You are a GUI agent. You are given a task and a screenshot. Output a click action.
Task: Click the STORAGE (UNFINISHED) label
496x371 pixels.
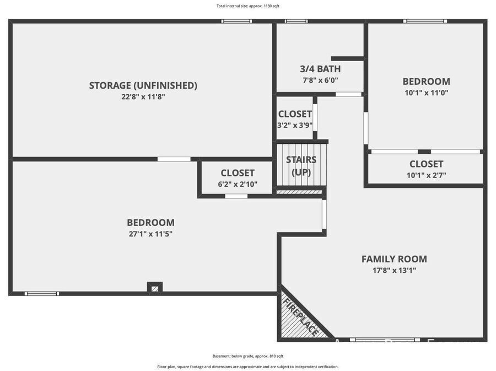point(143,85)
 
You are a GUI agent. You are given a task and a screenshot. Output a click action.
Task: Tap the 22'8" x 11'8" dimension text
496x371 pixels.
point(143,97)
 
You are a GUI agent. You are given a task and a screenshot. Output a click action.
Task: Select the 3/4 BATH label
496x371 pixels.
point(320,69)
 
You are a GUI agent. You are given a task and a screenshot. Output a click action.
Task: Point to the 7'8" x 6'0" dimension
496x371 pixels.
point(320,80)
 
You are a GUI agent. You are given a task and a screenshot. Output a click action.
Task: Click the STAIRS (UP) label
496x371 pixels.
point(301,166)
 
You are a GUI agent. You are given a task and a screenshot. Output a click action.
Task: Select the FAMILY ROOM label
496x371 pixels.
point(394,259)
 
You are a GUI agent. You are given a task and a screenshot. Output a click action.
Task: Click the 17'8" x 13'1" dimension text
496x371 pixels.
point(394,271)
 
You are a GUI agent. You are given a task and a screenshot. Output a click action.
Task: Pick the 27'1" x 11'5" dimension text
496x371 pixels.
point(150,234)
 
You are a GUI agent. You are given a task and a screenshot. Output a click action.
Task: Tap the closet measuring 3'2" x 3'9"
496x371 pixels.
point(295,119)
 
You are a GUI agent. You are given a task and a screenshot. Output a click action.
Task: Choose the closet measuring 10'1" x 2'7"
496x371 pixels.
point(426,169)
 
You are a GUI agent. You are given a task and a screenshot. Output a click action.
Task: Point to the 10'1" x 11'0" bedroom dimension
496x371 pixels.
point(426,93)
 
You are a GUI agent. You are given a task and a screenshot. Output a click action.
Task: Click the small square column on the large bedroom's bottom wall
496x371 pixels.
point(155,288)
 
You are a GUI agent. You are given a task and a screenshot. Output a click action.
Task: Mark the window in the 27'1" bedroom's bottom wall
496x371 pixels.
point(42,294)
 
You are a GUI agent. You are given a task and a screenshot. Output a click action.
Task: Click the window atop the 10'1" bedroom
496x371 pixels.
point(425,21)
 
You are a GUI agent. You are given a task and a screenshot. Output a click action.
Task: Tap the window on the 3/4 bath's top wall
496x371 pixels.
point(296,21)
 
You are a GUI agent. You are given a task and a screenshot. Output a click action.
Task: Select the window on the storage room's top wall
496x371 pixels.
point(236,21)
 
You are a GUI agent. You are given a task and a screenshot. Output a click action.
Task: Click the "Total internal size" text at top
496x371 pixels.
point(247,6)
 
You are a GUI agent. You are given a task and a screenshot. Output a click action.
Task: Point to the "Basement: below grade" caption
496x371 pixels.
point(247,356)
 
